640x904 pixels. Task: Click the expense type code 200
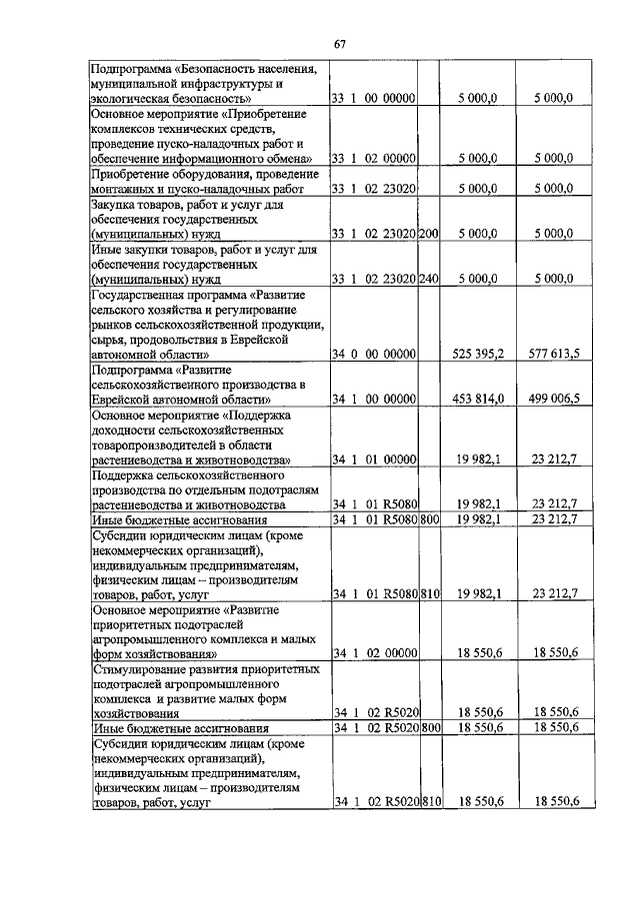[x=429, y=233]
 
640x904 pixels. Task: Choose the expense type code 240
[x=429, y=279]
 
